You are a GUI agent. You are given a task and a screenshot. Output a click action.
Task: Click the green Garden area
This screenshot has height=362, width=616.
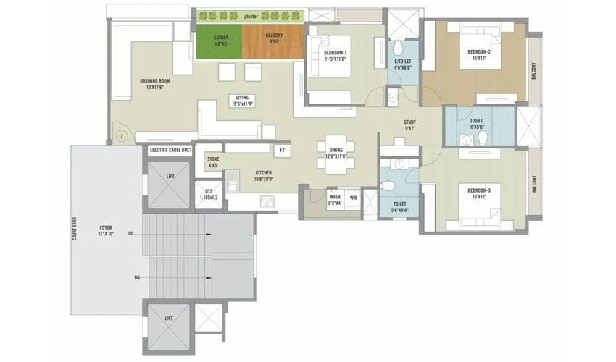pos(220,41)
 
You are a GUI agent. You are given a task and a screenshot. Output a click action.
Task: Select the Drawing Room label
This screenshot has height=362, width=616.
pos(154,83)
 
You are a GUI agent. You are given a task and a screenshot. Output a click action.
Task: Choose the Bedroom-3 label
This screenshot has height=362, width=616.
pos(479,194)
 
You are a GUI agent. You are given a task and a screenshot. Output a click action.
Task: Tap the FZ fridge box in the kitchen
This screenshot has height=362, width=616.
pos(282,150)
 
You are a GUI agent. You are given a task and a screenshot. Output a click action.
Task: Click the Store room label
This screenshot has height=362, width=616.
pos(212,162)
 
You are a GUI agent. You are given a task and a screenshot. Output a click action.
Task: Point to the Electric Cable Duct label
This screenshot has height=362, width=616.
pos(171,151)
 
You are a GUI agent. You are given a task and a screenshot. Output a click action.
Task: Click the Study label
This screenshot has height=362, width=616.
pos(409,126)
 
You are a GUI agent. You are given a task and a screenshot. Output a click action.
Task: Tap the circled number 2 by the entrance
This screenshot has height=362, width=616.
pos(122,135)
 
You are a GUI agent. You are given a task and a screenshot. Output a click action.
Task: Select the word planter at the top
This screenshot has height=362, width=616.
pos(252,14)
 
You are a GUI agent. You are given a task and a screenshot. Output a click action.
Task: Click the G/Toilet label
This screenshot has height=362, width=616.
pos(403,64)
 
